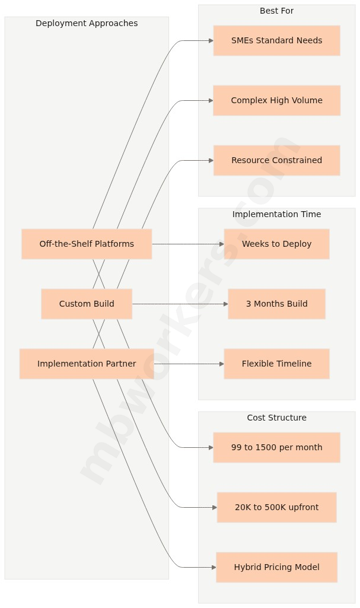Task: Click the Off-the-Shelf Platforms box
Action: point(87,244)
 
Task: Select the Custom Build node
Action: point(87,304)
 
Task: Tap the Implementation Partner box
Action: point(87,364)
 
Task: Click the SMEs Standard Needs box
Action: point(276,40)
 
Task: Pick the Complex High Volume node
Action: point(276,100)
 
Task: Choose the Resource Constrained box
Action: point(276,160)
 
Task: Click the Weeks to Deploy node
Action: point(276,244)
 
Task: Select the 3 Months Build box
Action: point(276,304)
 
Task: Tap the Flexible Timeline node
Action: point(276,364)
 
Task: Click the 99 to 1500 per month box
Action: point(276,447)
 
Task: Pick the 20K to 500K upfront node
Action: point(276,507)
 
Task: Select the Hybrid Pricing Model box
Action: point(276,567)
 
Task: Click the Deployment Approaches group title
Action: point(87,23)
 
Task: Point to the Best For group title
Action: point(276,11)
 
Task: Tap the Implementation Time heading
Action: point(276,214)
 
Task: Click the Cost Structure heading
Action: point(276,418)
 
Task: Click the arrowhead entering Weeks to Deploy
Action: point(221,244)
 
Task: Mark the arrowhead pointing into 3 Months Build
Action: point(225,304)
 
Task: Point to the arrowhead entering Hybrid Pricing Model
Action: point(214,567)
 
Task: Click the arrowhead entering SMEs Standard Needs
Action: point(211,40)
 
